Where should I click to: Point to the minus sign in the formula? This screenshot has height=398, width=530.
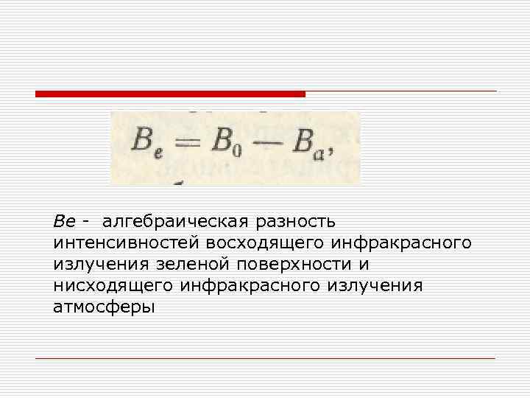tap(266, 141)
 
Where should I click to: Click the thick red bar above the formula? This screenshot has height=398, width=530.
tap(170, 94)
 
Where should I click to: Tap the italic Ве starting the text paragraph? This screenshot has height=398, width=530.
tap(64, 221)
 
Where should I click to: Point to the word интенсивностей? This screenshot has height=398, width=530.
tap(127, 242)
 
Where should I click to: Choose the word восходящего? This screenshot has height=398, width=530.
tap(267, 242)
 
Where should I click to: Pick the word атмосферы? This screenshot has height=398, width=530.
tap(104, 307)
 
